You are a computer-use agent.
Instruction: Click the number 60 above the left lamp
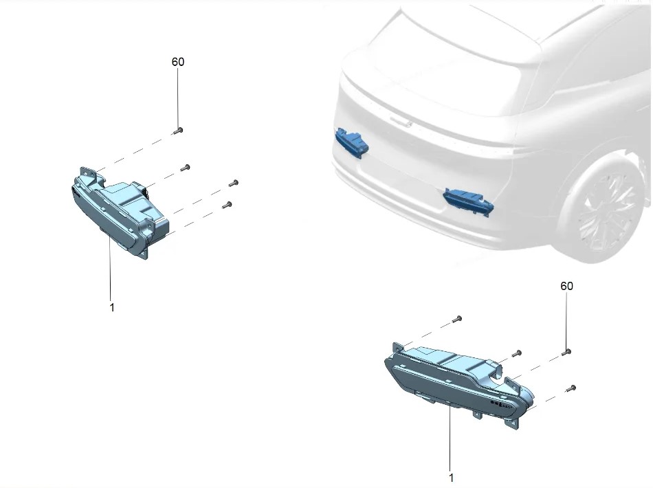click(x=178, y=62)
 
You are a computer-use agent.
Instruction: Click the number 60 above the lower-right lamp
click(x=566, y=286)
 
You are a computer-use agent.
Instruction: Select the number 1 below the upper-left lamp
click(x=111, y=307)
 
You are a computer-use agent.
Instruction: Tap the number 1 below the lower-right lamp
click(x=451, y=477)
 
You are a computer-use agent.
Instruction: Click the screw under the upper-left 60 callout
click(x=178, y=131)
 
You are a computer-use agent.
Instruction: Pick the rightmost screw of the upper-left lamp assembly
click(x=234, y=183)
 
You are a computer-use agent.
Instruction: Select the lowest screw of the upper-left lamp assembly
click(x=227, y=205)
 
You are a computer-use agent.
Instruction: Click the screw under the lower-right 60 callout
click(x=566, y=353)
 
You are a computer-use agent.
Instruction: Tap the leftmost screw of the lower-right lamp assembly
click(x=457, y=320)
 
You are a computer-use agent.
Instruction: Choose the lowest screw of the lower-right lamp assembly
click(x=571, y=389)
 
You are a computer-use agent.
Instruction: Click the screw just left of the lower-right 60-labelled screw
click(x=517, y=353)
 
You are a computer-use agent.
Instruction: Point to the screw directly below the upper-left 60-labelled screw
click(x=186, y=168)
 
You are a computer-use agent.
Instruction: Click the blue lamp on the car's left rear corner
click(x=353, y=143)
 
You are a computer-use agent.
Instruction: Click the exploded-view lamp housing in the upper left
click(x=120, y=212)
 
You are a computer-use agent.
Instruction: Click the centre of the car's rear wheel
click(x=607, y=215)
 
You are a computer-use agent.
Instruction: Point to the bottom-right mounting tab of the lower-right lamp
click(x=512, y=423)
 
